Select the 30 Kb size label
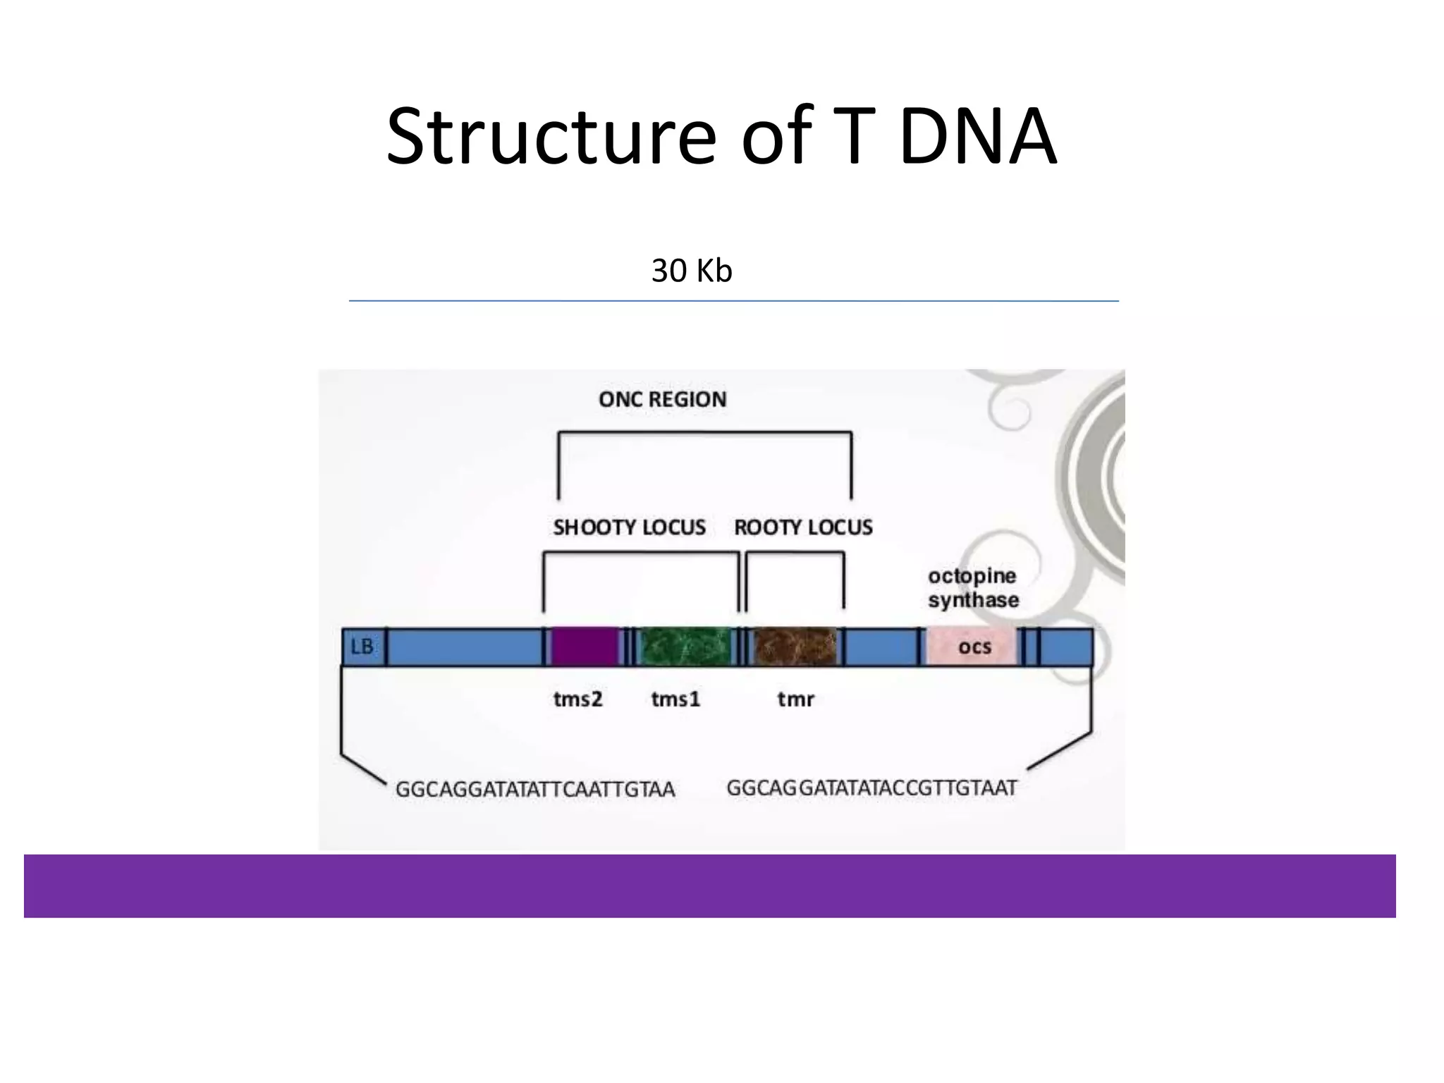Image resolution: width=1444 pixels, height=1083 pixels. [691, 271]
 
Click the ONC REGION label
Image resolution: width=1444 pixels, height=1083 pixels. [662, 400]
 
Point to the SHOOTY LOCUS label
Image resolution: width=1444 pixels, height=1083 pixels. [629, 527]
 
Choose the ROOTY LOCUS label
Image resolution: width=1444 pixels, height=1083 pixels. [803, 527]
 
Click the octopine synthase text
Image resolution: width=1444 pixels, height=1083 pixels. [973, 588]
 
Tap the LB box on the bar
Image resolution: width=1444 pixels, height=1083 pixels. [362, 647]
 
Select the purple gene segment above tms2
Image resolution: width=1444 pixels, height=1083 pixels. [585, 647]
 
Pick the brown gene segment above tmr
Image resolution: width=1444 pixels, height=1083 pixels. [795, 647]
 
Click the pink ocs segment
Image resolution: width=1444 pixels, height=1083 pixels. [973, 647]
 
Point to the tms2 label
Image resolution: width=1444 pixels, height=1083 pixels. [577, 699]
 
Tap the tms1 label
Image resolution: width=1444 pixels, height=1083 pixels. [675, 699]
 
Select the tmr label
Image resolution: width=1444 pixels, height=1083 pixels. [795, 699]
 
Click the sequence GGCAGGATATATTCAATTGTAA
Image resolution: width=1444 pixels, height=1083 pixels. [534, 789]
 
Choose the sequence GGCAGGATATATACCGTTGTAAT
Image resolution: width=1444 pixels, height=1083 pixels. [871, 788]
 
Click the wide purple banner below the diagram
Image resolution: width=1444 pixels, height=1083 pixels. [709, 886]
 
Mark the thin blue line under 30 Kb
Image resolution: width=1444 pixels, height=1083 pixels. [733, 301]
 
